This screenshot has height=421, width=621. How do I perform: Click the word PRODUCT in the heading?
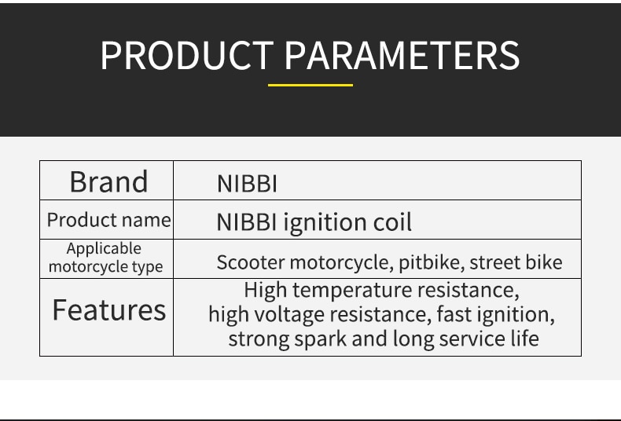pos(187,56)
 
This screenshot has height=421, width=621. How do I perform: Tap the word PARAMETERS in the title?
pos(402,56)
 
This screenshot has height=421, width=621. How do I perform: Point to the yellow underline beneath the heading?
pos(310,85)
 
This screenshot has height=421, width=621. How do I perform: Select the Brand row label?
pos(109,181)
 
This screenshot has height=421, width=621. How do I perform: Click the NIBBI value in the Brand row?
pos(247,184)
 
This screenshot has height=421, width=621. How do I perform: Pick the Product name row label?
pos(109,220)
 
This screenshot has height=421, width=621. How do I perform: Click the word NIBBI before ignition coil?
pos(246,222)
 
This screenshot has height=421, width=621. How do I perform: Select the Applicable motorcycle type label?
pos(105,258)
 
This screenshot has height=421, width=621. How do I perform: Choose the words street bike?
pos(516,262)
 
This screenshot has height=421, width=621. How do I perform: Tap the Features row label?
pos(109,309)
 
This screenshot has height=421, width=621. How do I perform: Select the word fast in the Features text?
pos(454,314)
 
